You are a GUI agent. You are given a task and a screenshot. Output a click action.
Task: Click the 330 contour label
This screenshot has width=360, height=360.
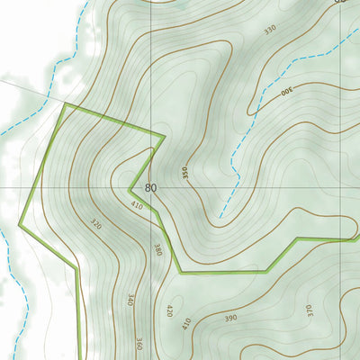point(270,30)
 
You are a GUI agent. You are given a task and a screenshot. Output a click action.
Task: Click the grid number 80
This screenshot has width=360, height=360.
point(150,188)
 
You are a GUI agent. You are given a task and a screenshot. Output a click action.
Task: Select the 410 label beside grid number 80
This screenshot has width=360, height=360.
point(137,206)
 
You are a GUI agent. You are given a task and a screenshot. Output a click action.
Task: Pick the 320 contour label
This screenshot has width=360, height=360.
point(96,222)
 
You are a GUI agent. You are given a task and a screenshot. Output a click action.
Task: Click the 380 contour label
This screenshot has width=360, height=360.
point(157,249)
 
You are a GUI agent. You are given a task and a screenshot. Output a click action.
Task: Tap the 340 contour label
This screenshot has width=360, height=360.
point(130,300)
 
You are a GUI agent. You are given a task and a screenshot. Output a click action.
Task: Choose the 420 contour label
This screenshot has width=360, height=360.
point(168,310)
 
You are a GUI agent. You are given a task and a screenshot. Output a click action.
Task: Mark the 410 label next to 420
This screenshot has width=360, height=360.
point(186,322)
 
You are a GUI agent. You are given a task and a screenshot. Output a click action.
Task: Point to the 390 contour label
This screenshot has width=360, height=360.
point(230,318)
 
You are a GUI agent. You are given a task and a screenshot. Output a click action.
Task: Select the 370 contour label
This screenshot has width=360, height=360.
point(309,310)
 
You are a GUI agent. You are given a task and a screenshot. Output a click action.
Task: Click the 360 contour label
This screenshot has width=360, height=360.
point(139,343)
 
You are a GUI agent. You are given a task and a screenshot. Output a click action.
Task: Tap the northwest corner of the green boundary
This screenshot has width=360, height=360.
point(65,104)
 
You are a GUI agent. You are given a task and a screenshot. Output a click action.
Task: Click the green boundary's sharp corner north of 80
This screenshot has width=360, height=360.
point(164,137)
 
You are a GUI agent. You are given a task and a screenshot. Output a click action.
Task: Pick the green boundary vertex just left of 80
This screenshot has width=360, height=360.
point(130,189)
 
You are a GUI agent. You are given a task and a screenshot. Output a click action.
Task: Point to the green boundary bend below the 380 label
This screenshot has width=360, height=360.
point(181,271)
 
